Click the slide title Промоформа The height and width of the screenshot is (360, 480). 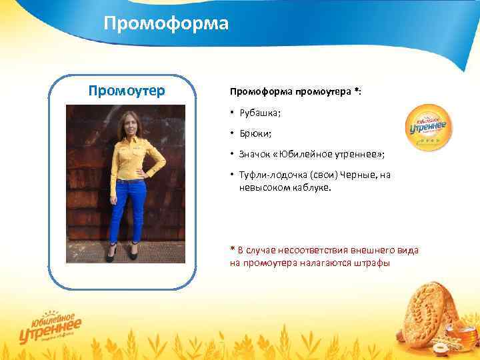click(x=166, y=25)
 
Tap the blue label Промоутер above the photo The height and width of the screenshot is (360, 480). click(x=127, y=91)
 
